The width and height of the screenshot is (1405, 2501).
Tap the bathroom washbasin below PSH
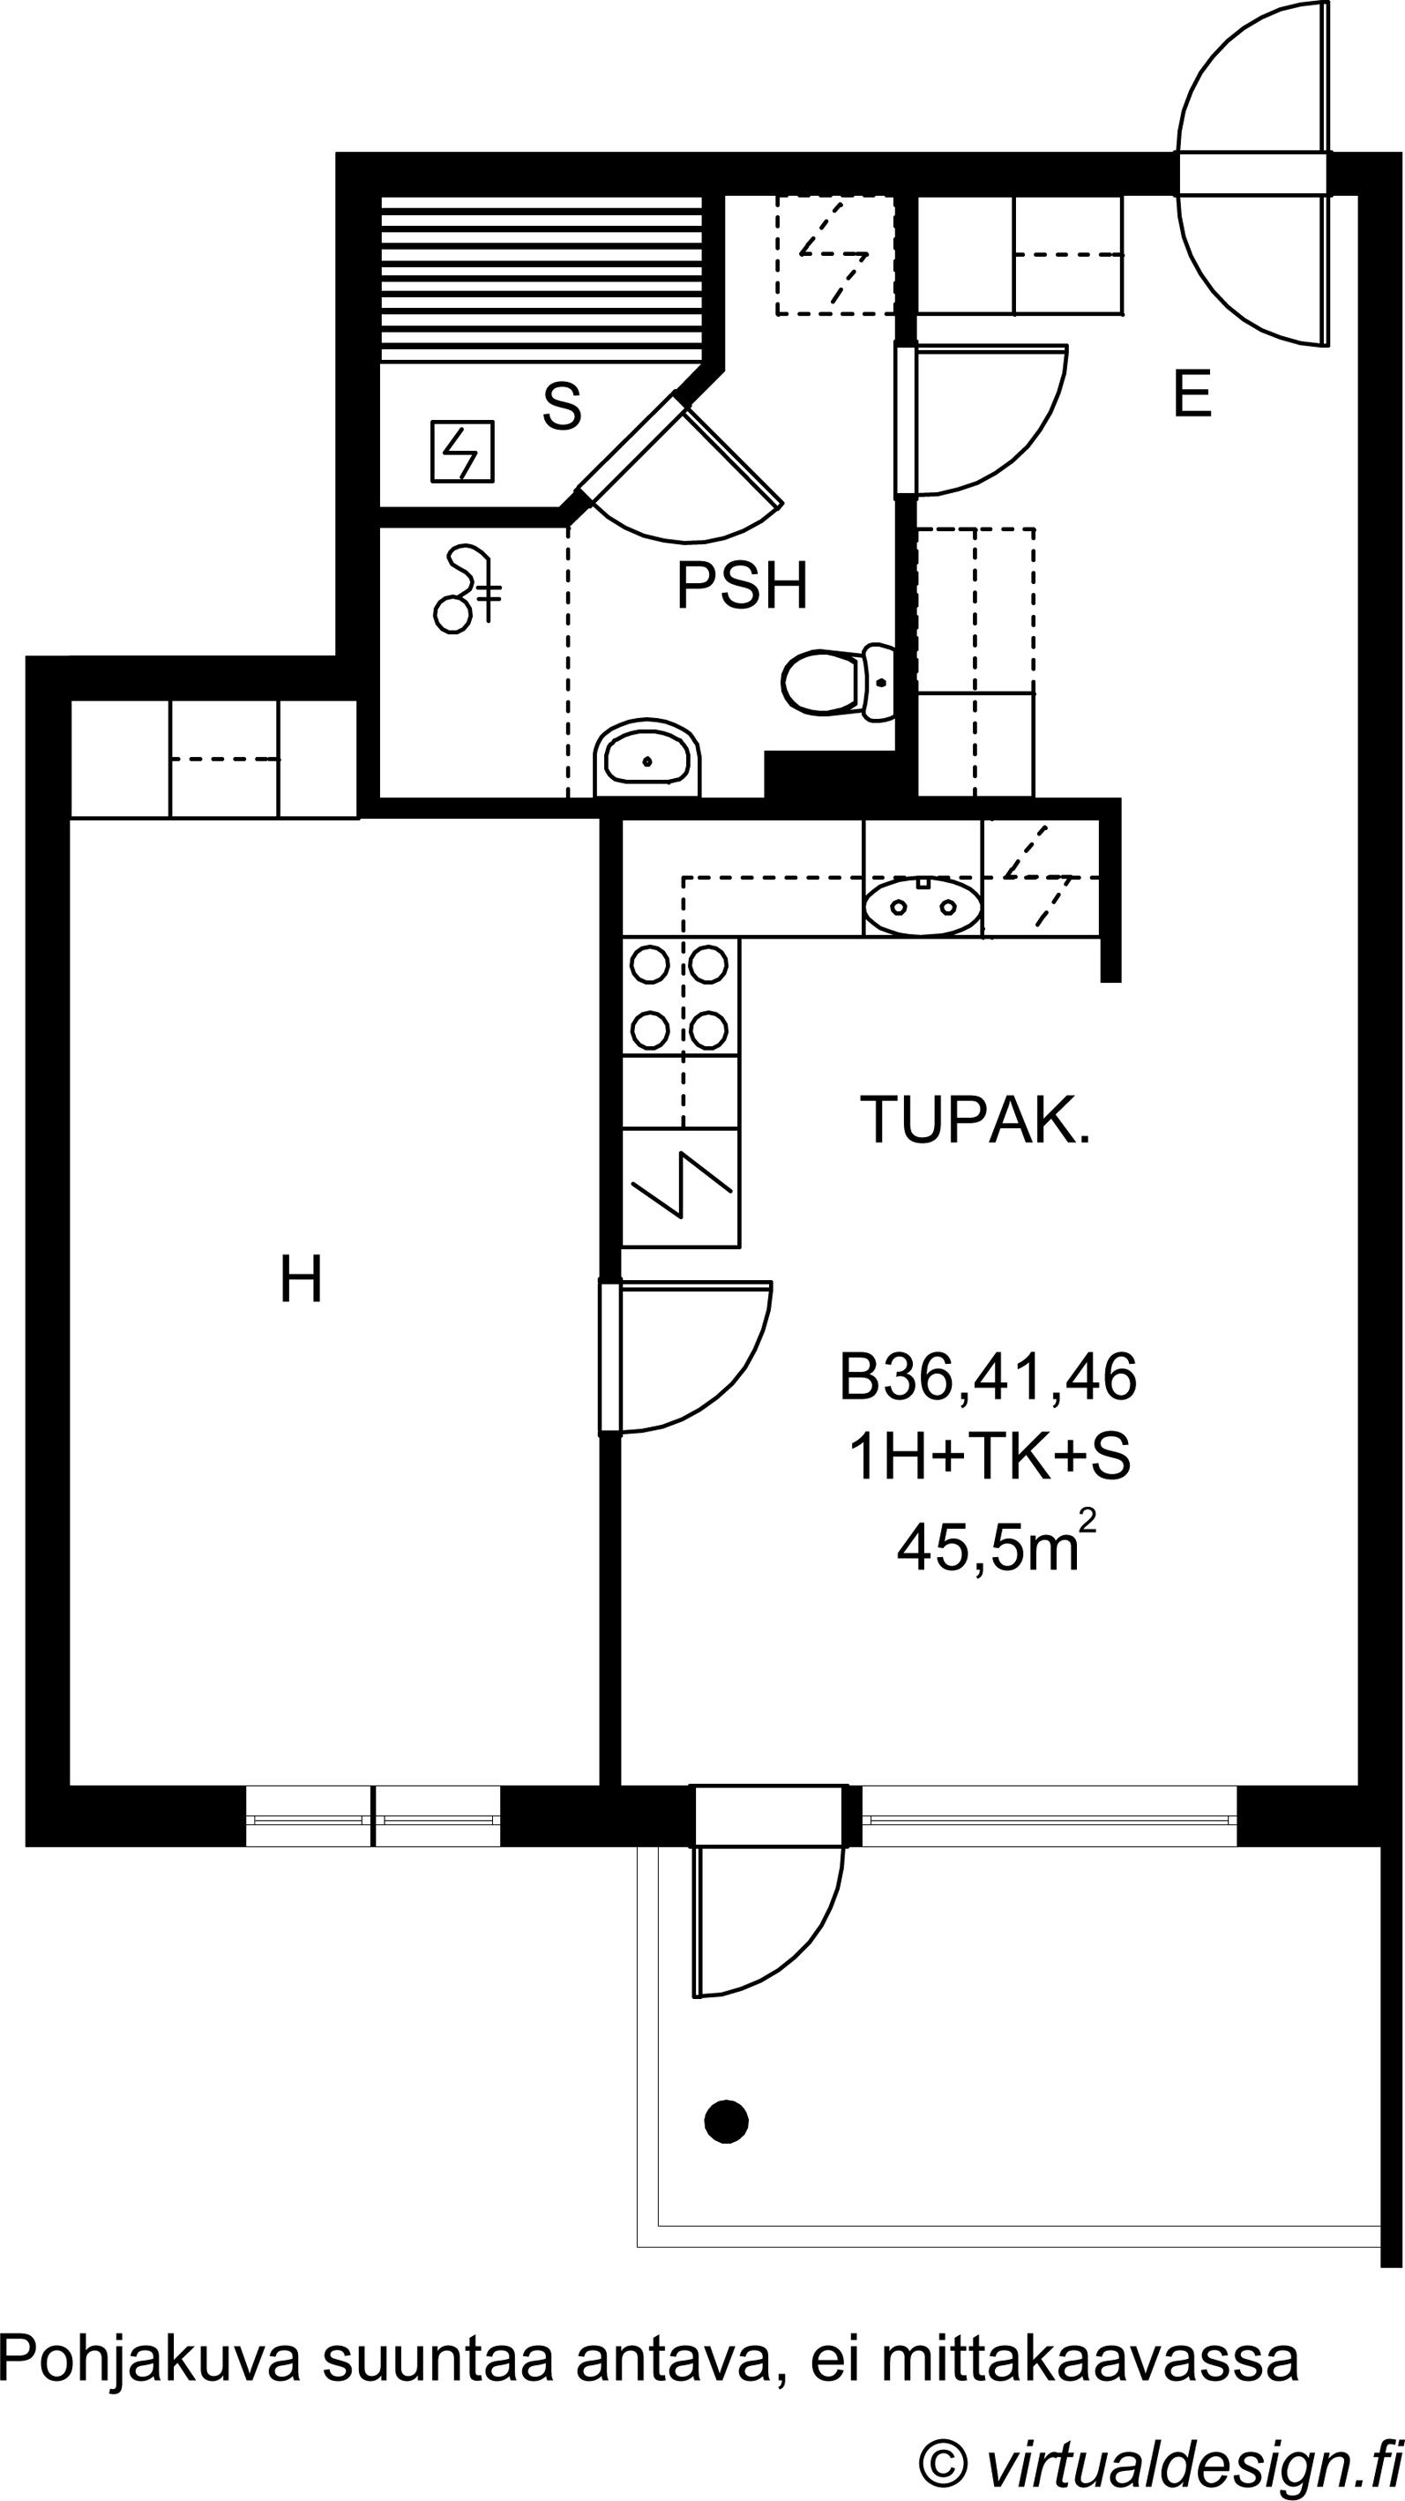[646, 759]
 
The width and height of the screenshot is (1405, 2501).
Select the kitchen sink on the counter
[922, 907]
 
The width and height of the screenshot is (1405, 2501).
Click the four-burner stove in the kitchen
[680, 997]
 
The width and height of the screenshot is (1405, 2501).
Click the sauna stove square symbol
[462, 451]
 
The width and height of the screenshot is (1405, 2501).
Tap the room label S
[562, 406]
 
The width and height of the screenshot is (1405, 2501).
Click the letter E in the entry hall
[1192, 394]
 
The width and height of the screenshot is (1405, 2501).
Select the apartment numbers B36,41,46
[988, 1379]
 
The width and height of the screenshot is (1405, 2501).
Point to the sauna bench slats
[541, 280]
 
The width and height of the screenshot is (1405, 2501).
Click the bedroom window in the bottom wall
[373, 1816]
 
